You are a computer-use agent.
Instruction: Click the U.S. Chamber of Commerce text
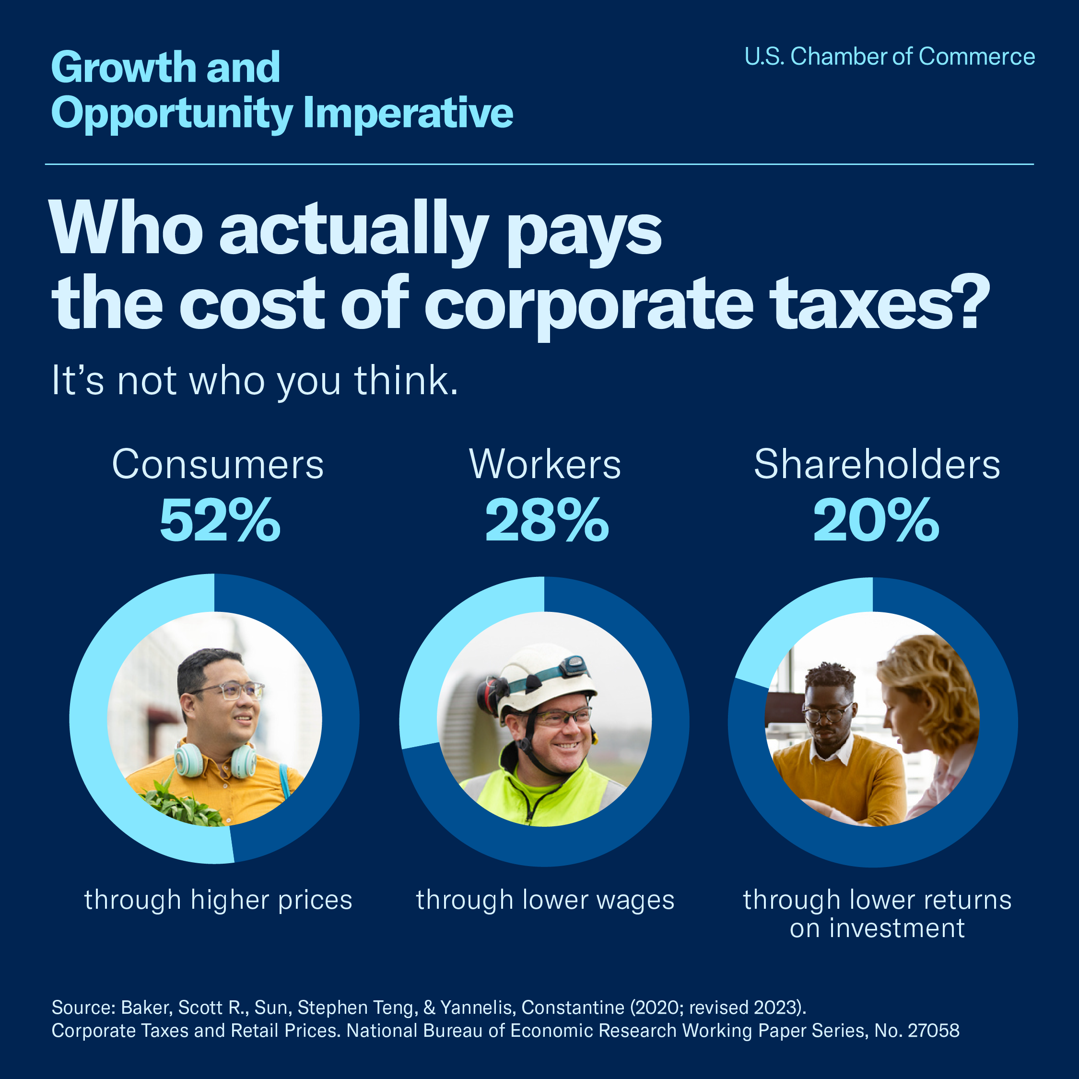[x=889, y=57]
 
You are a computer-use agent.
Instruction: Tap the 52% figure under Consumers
[x=220, y=520]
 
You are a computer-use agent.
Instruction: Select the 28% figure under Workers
[x=546, y=520]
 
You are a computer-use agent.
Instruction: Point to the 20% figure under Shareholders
[x=876, y=520]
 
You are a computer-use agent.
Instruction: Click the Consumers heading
[x=218, y=465]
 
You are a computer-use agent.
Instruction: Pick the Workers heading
[x=545, y=465]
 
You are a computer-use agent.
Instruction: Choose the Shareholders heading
[x=877, y=465]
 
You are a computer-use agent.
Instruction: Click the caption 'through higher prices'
[x=218, y=901]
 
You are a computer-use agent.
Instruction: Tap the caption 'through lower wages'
[x=545, y=901]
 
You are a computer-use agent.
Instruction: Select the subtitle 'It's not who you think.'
[x=255, y=381]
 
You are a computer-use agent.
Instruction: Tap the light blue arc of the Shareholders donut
[x=793, y=625]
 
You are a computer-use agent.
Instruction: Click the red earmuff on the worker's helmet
[x=487, y=696]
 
